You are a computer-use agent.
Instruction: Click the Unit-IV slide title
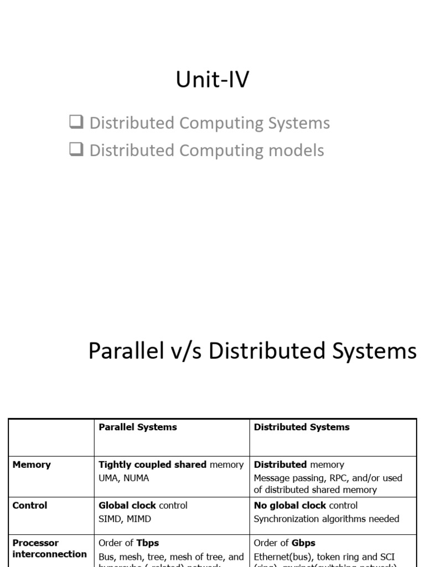[x=212, y=80]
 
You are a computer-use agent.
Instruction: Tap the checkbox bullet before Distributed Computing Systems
[x=76, y=122]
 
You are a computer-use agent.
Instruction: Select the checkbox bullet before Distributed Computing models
[x=76, y=150]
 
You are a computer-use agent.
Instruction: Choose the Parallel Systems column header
[x=138, y=427]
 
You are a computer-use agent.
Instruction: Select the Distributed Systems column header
[x=302, y=427]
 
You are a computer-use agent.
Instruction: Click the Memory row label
[x=32, y=465]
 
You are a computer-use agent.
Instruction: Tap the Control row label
[x=30, y=506]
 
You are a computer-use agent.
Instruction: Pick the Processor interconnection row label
[x=50, y=549]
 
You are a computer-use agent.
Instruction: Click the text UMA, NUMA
[x=124, y=478]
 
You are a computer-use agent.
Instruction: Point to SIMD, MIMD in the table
[x=125, y=519]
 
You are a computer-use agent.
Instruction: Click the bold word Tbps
[x=148, y=543]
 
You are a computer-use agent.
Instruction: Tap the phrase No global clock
[x=290, y=506]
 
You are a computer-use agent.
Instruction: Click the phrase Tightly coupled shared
[x=152, y=465]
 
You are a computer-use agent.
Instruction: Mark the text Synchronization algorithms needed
[x=326, y=519]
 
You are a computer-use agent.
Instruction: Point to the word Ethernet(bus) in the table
[x=282, y=556]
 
